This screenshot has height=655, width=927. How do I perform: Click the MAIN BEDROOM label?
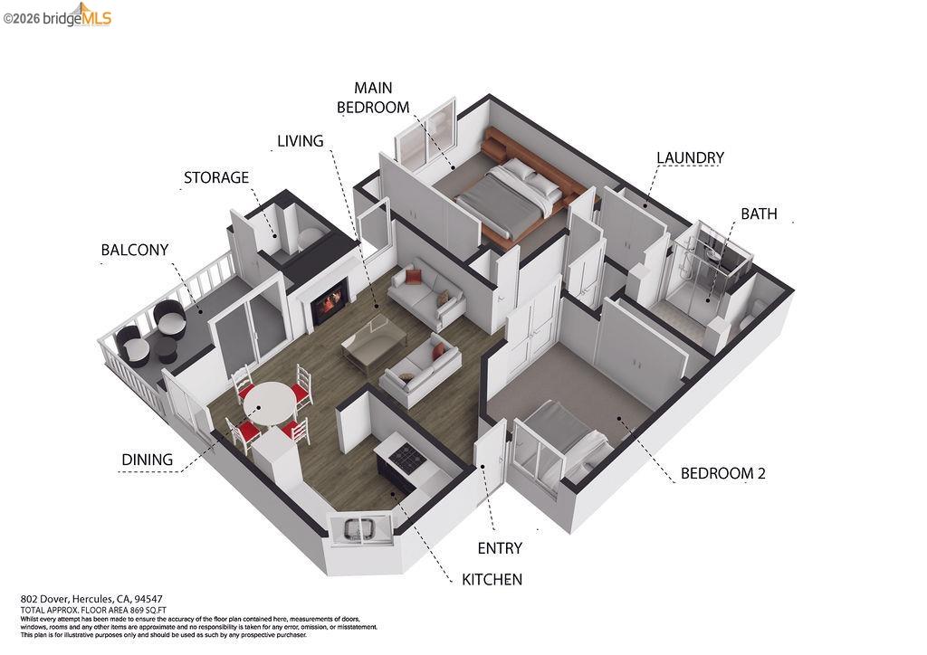tap(373, 97)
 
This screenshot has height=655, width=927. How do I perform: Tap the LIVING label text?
tap(300, 140)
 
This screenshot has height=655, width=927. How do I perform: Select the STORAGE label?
tap(216, 177)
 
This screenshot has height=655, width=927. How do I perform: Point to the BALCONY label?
tap(135, 250)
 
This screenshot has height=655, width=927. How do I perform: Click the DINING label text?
tap(148, 460)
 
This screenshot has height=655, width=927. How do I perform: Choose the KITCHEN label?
tap(492, 579)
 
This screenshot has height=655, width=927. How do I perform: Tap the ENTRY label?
tap(499, 547)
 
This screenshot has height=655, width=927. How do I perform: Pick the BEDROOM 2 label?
tap(723, 473)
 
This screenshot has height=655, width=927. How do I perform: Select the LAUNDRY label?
tap(690, 158)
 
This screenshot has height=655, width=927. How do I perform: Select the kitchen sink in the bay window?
tap(362, 530)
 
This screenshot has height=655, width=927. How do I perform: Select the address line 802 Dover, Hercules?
tap(91, 599)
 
